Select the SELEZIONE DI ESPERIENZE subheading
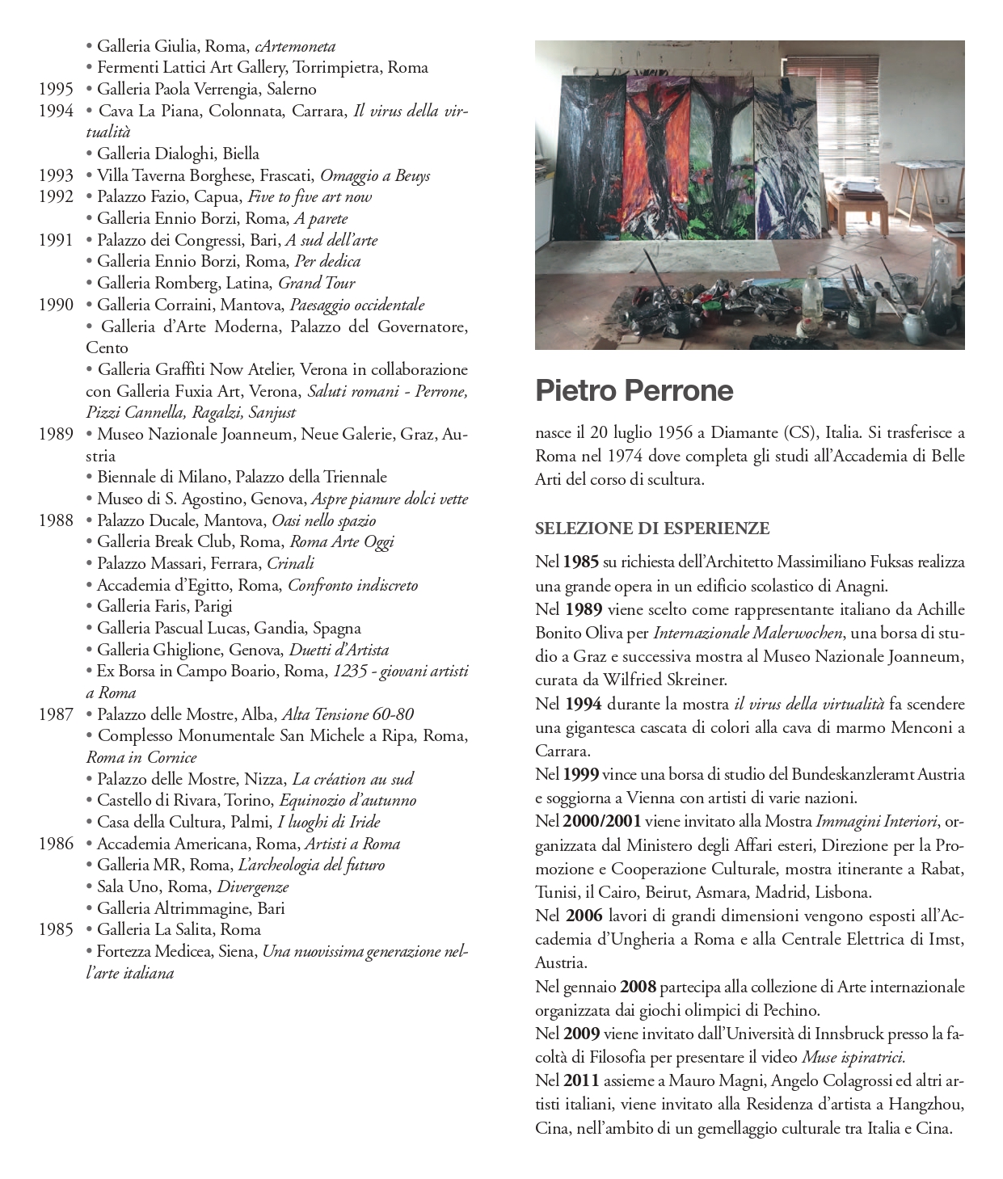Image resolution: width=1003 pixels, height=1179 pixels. click(651, 528)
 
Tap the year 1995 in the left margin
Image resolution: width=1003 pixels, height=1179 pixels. click(56, 90)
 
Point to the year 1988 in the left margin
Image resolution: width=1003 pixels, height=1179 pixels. click(56, 520)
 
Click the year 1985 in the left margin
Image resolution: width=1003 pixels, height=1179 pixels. click(56, 929)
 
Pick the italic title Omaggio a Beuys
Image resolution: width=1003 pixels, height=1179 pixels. click(375, 175)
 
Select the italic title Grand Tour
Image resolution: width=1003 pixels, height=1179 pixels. click(316, 283)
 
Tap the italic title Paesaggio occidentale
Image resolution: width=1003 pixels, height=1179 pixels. click(356, 305)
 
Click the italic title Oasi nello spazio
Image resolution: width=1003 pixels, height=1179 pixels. click(323, 520)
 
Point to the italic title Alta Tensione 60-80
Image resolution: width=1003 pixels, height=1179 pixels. click(348, 714)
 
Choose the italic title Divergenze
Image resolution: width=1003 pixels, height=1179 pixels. click(253, 886)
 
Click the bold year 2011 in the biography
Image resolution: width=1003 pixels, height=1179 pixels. click(581, 1080)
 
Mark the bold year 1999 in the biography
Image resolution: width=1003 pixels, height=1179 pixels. click(581, 774)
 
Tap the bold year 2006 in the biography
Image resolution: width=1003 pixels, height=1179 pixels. click(584, 916)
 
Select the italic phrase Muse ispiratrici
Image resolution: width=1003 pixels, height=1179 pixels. click(853, 1057)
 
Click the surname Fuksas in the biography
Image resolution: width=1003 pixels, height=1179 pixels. click(938, 562)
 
